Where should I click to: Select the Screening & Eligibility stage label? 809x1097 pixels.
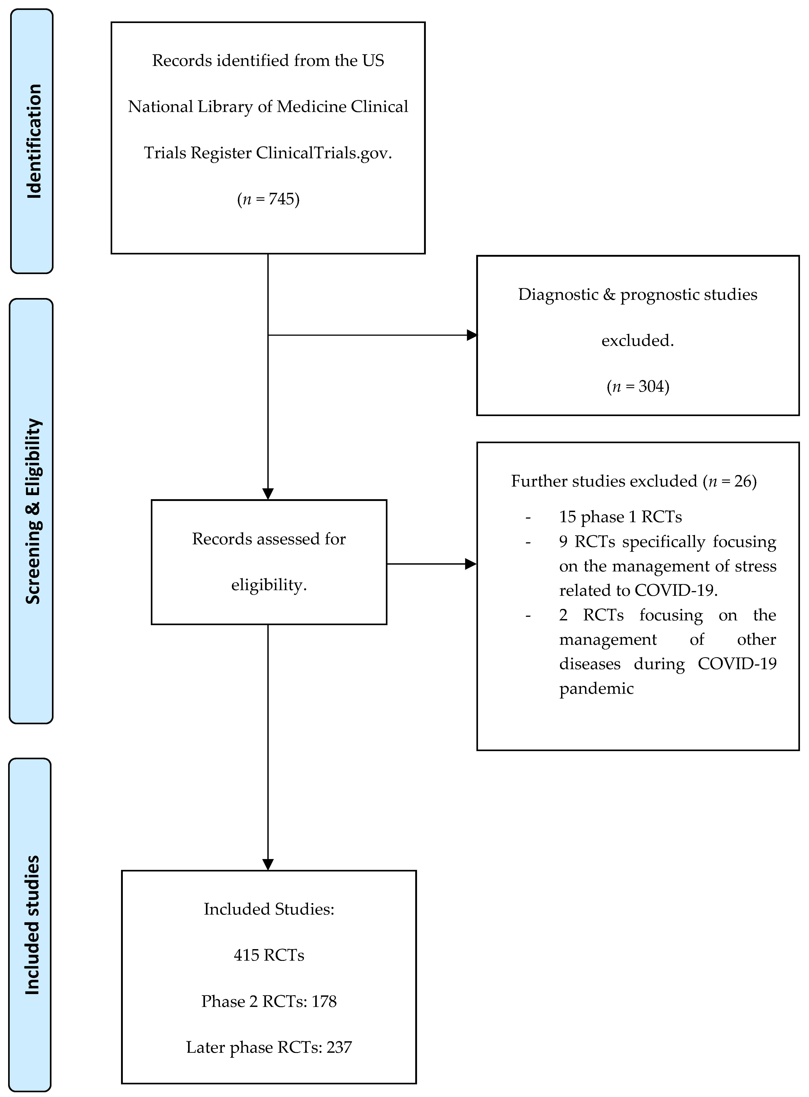coord(33,511)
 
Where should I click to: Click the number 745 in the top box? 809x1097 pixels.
coord(281,199)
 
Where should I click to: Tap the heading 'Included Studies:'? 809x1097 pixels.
coord(269,909)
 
